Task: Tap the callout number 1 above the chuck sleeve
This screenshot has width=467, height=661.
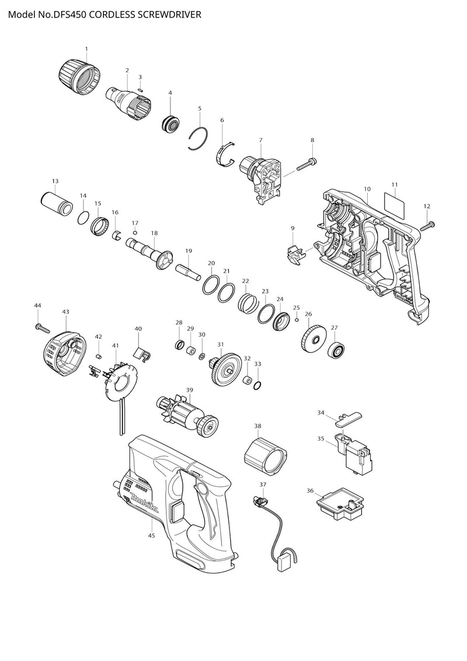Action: coord(86,49)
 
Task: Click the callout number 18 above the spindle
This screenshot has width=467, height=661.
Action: coord(154,233)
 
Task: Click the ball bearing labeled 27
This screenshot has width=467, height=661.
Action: coord(337,350)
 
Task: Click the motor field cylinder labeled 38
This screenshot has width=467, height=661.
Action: coord(265,456)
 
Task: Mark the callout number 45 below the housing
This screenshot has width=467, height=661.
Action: coord(151,536)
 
